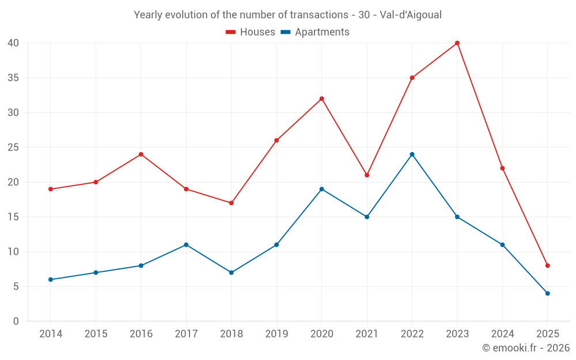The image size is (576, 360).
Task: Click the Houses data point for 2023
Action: (x=457, y=43)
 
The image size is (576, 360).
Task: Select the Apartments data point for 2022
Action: (x=412, y=154)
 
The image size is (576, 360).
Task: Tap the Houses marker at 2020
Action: (x=321, y=98)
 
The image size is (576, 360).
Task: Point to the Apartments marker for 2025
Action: (x=548, y=293)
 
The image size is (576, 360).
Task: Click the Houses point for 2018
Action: (x=231, y=203)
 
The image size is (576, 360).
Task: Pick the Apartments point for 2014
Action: (x=51, y=279)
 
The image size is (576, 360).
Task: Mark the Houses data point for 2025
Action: (x=548, y=266)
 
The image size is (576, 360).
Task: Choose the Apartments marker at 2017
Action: (x=186, y=245)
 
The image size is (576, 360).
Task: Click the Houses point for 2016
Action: (x=141, y=154)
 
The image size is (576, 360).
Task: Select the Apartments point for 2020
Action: (x=321, y=189)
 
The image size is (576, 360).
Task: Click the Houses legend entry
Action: (x=251, y=32)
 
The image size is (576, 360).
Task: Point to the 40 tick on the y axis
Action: (x=13, y=43)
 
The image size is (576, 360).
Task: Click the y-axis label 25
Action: (x=13, y=147)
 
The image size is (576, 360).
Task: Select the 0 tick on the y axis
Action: (x=16, y=321)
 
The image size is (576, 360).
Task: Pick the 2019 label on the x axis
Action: (x=276, y=334)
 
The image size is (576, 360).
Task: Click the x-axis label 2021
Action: (x=367, y=334)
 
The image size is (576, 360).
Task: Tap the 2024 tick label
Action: (x=502, y=334)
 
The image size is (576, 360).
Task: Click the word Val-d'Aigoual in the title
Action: (x=411, y=15)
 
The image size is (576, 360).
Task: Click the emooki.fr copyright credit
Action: (x=526, y=348)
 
